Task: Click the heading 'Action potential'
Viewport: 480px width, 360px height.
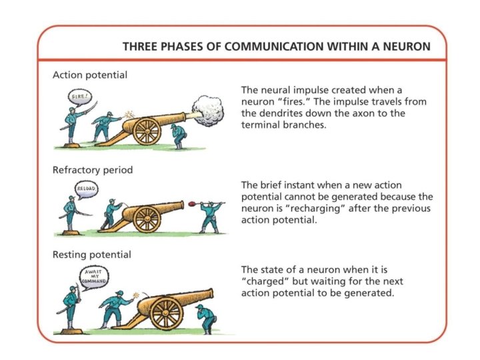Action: coord(90,74)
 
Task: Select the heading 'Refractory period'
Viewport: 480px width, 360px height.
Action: coord(93,170)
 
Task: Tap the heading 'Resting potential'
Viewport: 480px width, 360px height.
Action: coord(91,255)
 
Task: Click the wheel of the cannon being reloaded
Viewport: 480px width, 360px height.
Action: coord(147,219)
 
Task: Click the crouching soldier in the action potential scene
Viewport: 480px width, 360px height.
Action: coord(177,136)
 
